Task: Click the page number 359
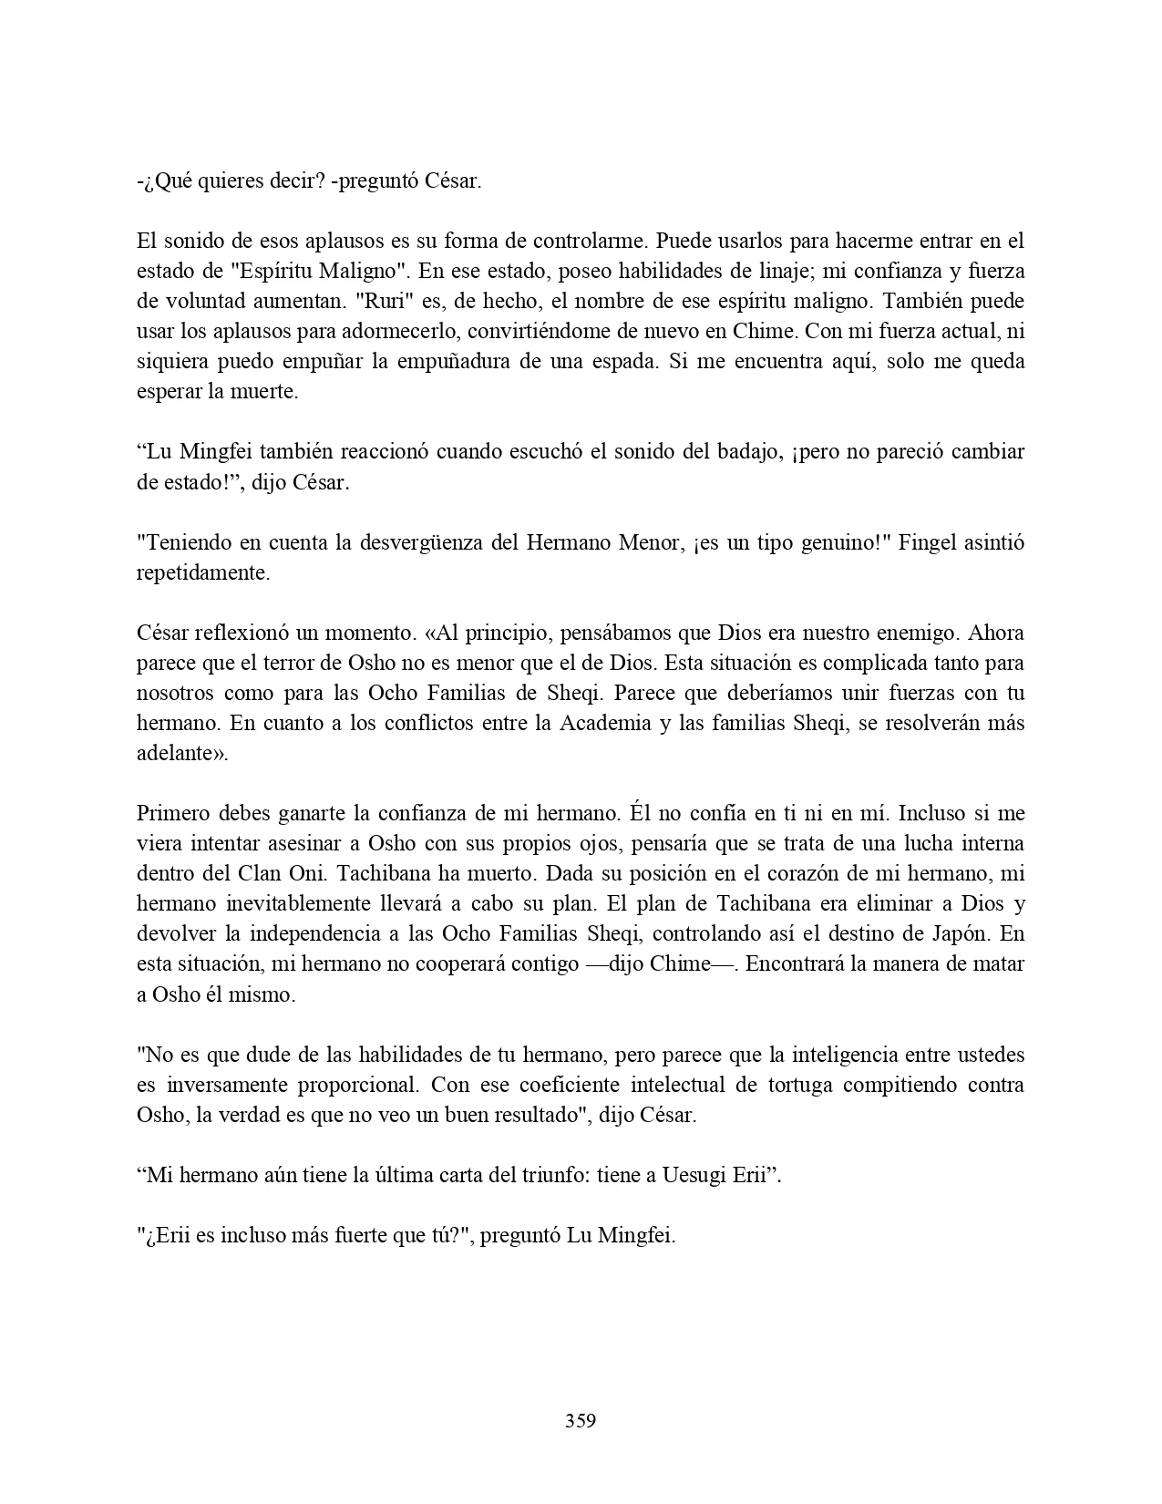pos(581,1420)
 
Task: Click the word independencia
pos(315,933)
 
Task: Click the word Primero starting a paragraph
pos(173,812)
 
